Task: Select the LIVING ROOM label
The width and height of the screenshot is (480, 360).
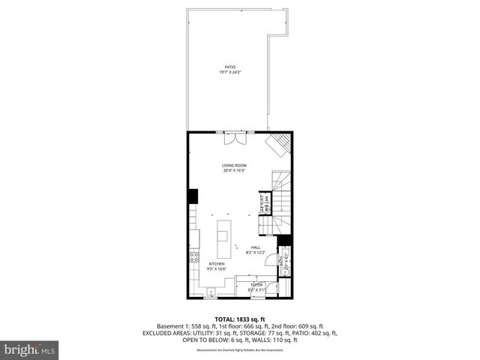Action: pos(234,165)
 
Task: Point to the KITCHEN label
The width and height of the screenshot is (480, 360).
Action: pos(217,264)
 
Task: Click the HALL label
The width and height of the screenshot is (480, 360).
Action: pos(256,247)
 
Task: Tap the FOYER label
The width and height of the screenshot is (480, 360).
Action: pos(256,285)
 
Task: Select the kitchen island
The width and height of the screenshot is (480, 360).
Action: pos(224,235)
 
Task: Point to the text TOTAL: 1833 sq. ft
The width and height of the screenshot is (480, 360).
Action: pos(240,319)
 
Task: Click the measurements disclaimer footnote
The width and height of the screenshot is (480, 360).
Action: pos(240,350)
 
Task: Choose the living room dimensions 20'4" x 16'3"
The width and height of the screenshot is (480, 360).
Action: pos(234,170)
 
